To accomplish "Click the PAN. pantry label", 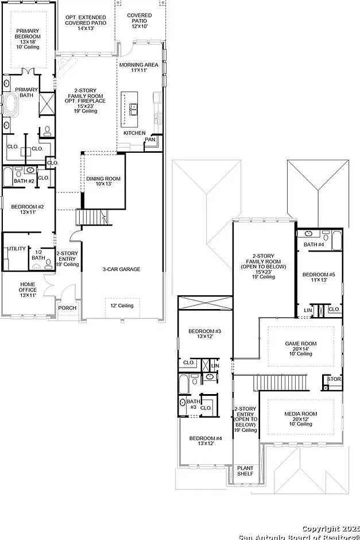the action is (150, 140).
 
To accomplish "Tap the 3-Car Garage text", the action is (122, 269).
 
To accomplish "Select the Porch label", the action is (67, 308).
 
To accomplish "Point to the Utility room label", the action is (17, 249).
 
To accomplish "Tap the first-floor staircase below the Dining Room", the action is (92, 217).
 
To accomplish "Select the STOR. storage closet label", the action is (334, 379).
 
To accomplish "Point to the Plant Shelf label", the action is (245, 471).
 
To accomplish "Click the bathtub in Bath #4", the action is (336, 241).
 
